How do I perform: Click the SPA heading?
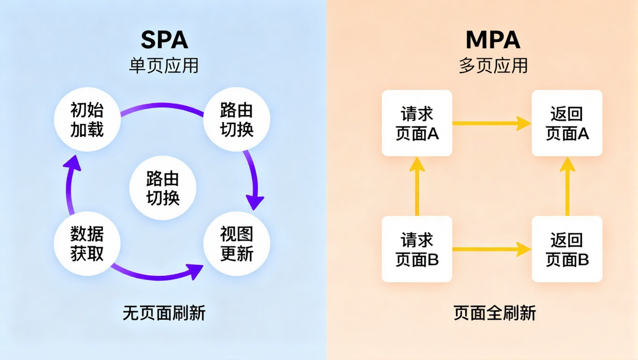click(x=164, y=41)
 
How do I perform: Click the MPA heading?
click(x=493, y=41)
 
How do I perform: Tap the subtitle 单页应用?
click(x=164, y=66)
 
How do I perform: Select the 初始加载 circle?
click(x=87, y=120)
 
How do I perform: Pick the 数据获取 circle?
click(x=87, y=243)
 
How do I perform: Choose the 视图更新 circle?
click(x=236, y=243)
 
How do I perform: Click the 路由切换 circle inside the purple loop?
click(x=162, y=188)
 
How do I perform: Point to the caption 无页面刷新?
click(x=164, y=313)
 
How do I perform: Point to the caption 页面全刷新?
click(x=494, y=313)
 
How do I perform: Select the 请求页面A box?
click(x=417, y=123)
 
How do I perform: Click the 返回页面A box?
click(x=567, y=123)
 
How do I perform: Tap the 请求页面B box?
click(x=417, y=249)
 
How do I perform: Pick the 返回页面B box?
click(x=567, y=249)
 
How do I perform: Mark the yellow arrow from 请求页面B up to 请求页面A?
click(x=417, y=186)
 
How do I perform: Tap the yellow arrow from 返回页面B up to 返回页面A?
click(x=567, y=186)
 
